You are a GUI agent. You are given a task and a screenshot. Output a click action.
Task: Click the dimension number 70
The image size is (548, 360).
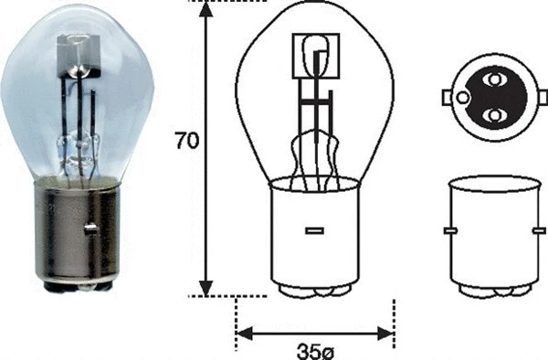(x=186, y=142)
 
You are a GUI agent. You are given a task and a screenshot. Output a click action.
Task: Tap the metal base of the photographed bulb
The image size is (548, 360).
(x=77, y=233)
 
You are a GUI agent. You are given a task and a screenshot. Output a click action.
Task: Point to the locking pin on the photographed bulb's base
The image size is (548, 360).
(x=90, y=228)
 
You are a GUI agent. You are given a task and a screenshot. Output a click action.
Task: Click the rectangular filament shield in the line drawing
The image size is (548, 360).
(x=315, y=54)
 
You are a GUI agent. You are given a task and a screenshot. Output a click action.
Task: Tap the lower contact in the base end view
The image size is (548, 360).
(x=494, y=116)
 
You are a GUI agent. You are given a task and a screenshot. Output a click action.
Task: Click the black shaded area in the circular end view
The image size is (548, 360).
(x=475, y=98)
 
